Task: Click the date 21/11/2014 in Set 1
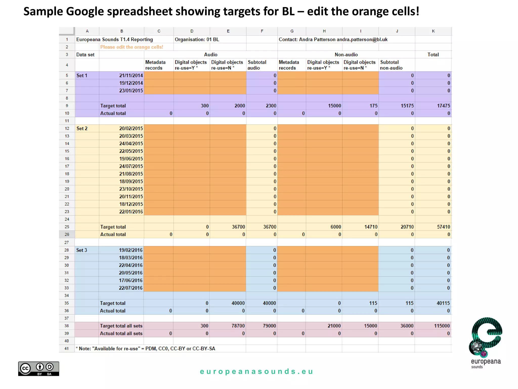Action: click(x=131, y=75)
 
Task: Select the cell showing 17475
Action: click(x=443, y=106)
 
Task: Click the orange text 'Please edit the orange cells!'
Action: click(x=132, y=47)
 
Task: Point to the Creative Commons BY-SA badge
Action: click(x=38, y=368)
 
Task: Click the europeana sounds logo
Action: click(x=486, y=342)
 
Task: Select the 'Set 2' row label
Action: click(x=82, y=128)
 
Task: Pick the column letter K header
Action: click(x=433, y=31)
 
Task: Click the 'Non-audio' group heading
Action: click(x=346, y=54)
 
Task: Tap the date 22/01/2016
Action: click(x=131, y=212)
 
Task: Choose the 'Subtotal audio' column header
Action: click(x=257, y=65)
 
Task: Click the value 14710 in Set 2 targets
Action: click(x=371, y=227)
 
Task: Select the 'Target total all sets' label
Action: click(x=121, y=326)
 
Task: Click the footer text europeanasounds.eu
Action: click(x=256, y=372)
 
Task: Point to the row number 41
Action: click(x=67, y=348)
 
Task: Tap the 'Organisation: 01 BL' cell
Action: click(x=197, y=40)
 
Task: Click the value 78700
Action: click(x=238, y=326)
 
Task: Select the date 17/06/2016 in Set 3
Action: click(x=131, y=280)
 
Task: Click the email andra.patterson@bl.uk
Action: click(x=362, y=40)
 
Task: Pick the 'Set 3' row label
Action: click(x=81, y=250)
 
